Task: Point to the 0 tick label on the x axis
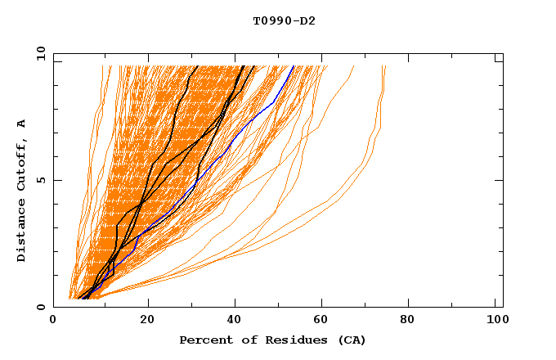pyautogui.click(x=53, y=322)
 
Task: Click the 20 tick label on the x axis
pyautogui.click(x=141, y=322)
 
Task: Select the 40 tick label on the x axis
pyautogui.click(x=231, y=322)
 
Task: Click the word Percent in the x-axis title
pyautogui.click(x=204, y=340)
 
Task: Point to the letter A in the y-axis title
pyautogui.click(x=22, y=124)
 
